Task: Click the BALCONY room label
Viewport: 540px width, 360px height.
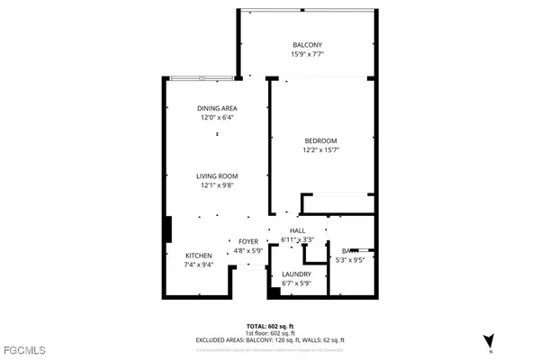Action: click(307, 44)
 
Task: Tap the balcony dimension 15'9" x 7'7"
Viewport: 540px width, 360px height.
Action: click(307, 54)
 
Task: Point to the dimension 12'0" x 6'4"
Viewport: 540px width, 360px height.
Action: click(216, 118)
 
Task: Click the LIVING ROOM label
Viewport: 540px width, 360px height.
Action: click(216, 175)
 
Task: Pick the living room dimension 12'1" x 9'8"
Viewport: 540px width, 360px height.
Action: click(216, 185)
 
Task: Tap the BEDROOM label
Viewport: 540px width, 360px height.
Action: click(319, 141)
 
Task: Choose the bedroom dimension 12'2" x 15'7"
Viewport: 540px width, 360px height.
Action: click(319, 151)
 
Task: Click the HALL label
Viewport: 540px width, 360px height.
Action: click(297, 231)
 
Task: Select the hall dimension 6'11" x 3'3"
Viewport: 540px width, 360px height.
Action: click(297, 240)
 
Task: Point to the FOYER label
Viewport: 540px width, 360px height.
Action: click(248, 241)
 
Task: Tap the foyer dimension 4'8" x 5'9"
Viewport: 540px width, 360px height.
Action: click(248, 250)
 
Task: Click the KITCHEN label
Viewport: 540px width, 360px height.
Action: click(199, 256)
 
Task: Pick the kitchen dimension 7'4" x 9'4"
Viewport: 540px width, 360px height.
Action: click(199, 265)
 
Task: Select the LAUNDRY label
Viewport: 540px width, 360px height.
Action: click(296, 274)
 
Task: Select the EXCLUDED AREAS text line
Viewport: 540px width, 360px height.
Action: click(270, 339)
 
